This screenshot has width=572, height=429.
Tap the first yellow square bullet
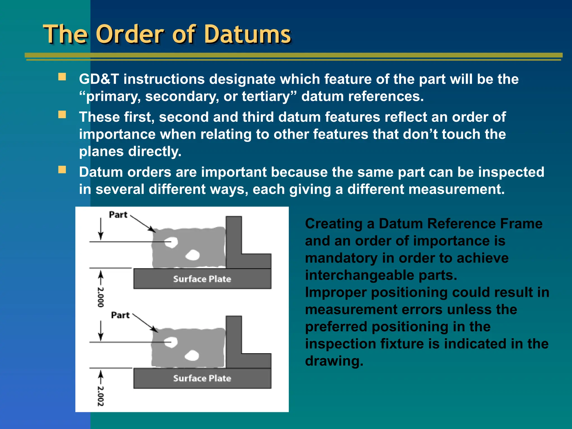pos(62,77)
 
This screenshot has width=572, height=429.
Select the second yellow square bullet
pos(62,115)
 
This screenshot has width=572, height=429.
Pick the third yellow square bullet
pos(62,170)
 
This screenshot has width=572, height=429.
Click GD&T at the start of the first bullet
pos(99,79)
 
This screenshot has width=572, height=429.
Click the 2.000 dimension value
pos(101,297)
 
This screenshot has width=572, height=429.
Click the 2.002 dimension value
pos(101,396)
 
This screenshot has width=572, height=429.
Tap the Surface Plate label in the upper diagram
pos(202,279)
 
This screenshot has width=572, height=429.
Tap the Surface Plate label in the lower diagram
pos(202,378)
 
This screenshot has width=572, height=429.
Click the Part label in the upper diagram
pos(118,215)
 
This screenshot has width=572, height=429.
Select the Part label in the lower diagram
pos(120,315)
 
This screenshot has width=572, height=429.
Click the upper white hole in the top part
pos(171,242)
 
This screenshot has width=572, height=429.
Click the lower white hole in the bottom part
pos(192,356)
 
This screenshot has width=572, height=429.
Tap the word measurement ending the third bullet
pos(456,190)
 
